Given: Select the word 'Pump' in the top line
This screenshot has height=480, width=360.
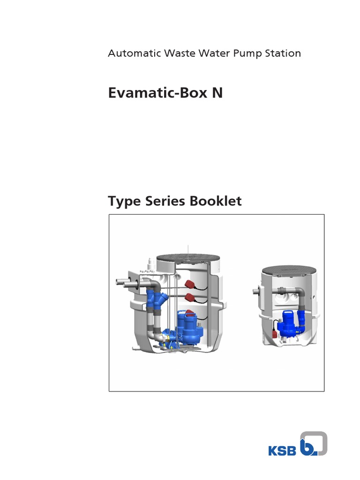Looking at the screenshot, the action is pyautogui.click(x=248, y=53).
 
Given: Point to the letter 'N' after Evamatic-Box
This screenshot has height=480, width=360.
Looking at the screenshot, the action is pyautogui.click(x=217, y=93).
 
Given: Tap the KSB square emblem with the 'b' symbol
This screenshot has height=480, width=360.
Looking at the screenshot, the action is pyautogui.click(x=313, y=443).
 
